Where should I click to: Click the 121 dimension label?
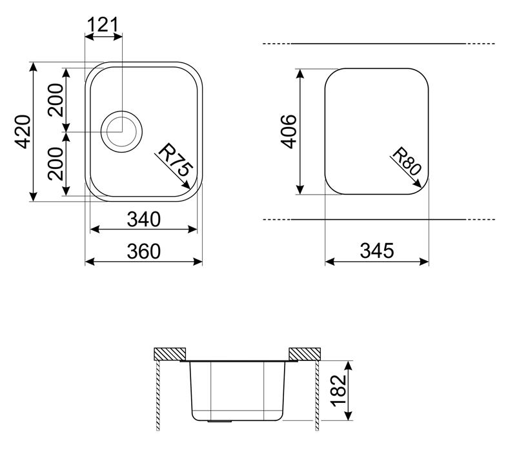point(103,24)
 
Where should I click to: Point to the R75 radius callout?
point(174,162)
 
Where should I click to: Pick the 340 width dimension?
point(143,220)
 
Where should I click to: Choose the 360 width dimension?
point(143,251)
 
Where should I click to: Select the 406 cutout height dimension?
point(289,132)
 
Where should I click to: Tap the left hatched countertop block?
point(170,354)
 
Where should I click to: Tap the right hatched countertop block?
point(304,354)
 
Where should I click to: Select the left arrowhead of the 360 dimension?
point(88,262)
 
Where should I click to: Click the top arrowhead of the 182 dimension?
point(348,363)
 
